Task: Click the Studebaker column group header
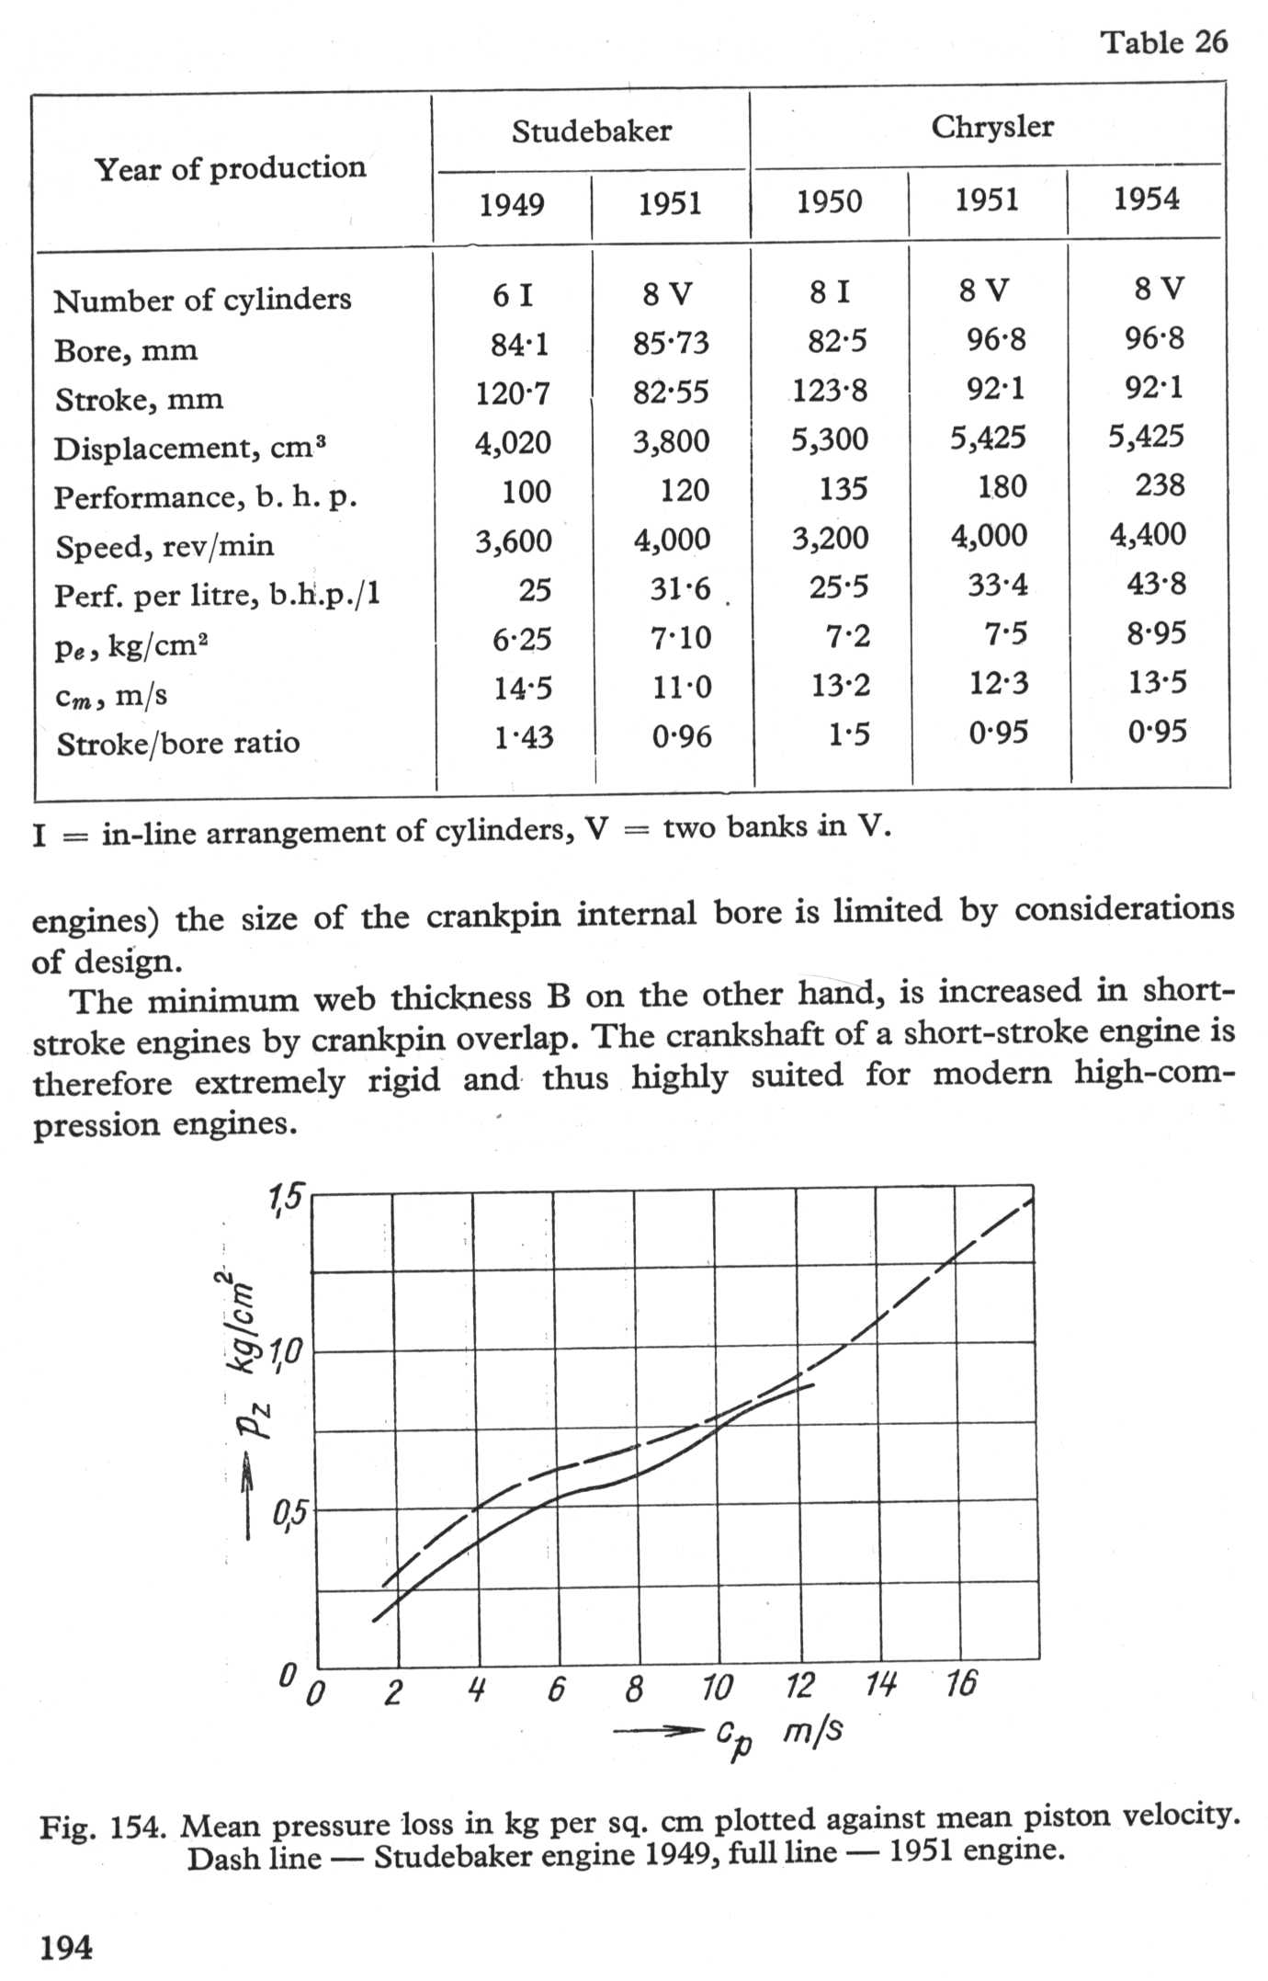coord(591,131)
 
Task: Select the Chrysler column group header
coord(992,127)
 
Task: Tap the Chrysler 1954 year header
coord(1146,199)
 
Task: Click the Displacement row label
coord(189,449)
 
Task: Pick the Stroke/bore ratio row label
coord(178,743)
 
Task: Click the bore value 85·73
coord(671,344)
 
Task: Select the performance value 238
coord(1160,484)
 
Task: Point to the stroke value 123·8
coord(830,392)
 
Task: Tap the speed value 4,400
coord(1148,534)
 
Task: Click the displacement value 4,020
coord(513,443)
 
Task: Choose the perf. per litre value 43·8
coord(1157,584)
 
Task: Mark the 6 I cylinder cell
coord(512,295)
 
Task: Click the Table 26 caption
coord(1164,42)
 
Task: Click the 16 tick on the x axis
coord(961,1684)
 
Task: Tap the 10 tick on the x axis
coord(717,1688)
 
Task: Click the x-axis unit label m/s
coord(813,1732)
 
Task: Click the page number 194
coord(66,1947)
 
